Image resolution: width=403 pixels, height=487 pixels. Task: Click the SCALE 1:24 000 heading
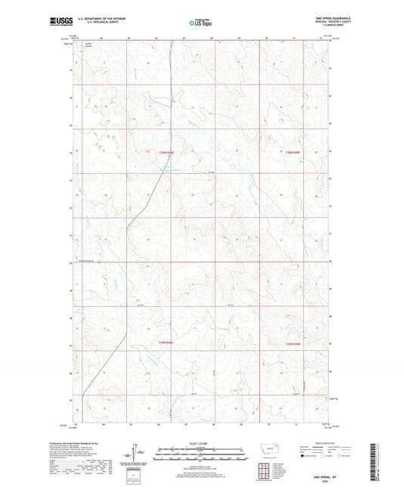pos(200,443)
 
